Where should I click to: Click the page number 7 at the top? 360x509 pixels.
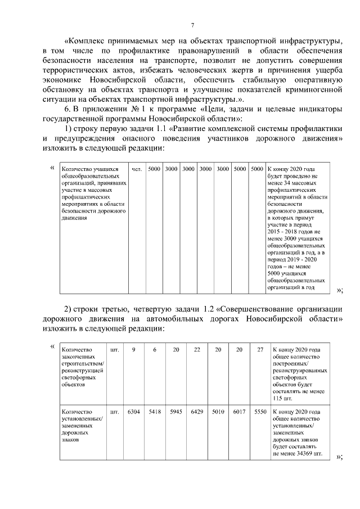pos(192,25)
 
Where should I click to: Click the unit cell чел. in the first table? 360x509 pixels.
pos(136,168)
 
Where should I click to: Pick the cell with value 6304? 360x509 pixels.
pos(133,412)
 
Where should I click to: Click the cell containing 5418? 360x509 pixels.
pos(155,412)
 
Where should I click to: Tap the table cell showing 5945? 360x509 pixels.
pos(176,412)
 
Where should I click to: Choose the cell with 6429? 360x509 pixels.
pos(197,412)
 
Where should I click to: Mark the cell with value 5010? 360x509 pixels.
pos(218,412)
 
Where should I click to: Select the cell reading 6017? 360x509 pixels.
pos(239,412)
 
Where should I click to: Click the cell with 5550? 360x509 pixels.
pos(260,412)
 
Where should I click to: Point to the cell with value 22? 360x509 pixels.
pos(197,350)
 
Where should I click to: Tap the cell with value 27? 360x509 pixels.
pos(260,350)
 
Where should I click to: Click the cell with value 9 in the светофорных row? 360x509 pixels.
pos(133,350)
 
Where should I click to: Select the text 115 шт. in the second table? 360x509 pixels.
pos(285,398)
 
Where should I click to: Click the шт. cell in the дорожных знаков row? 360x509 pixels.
pos(115,412)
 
